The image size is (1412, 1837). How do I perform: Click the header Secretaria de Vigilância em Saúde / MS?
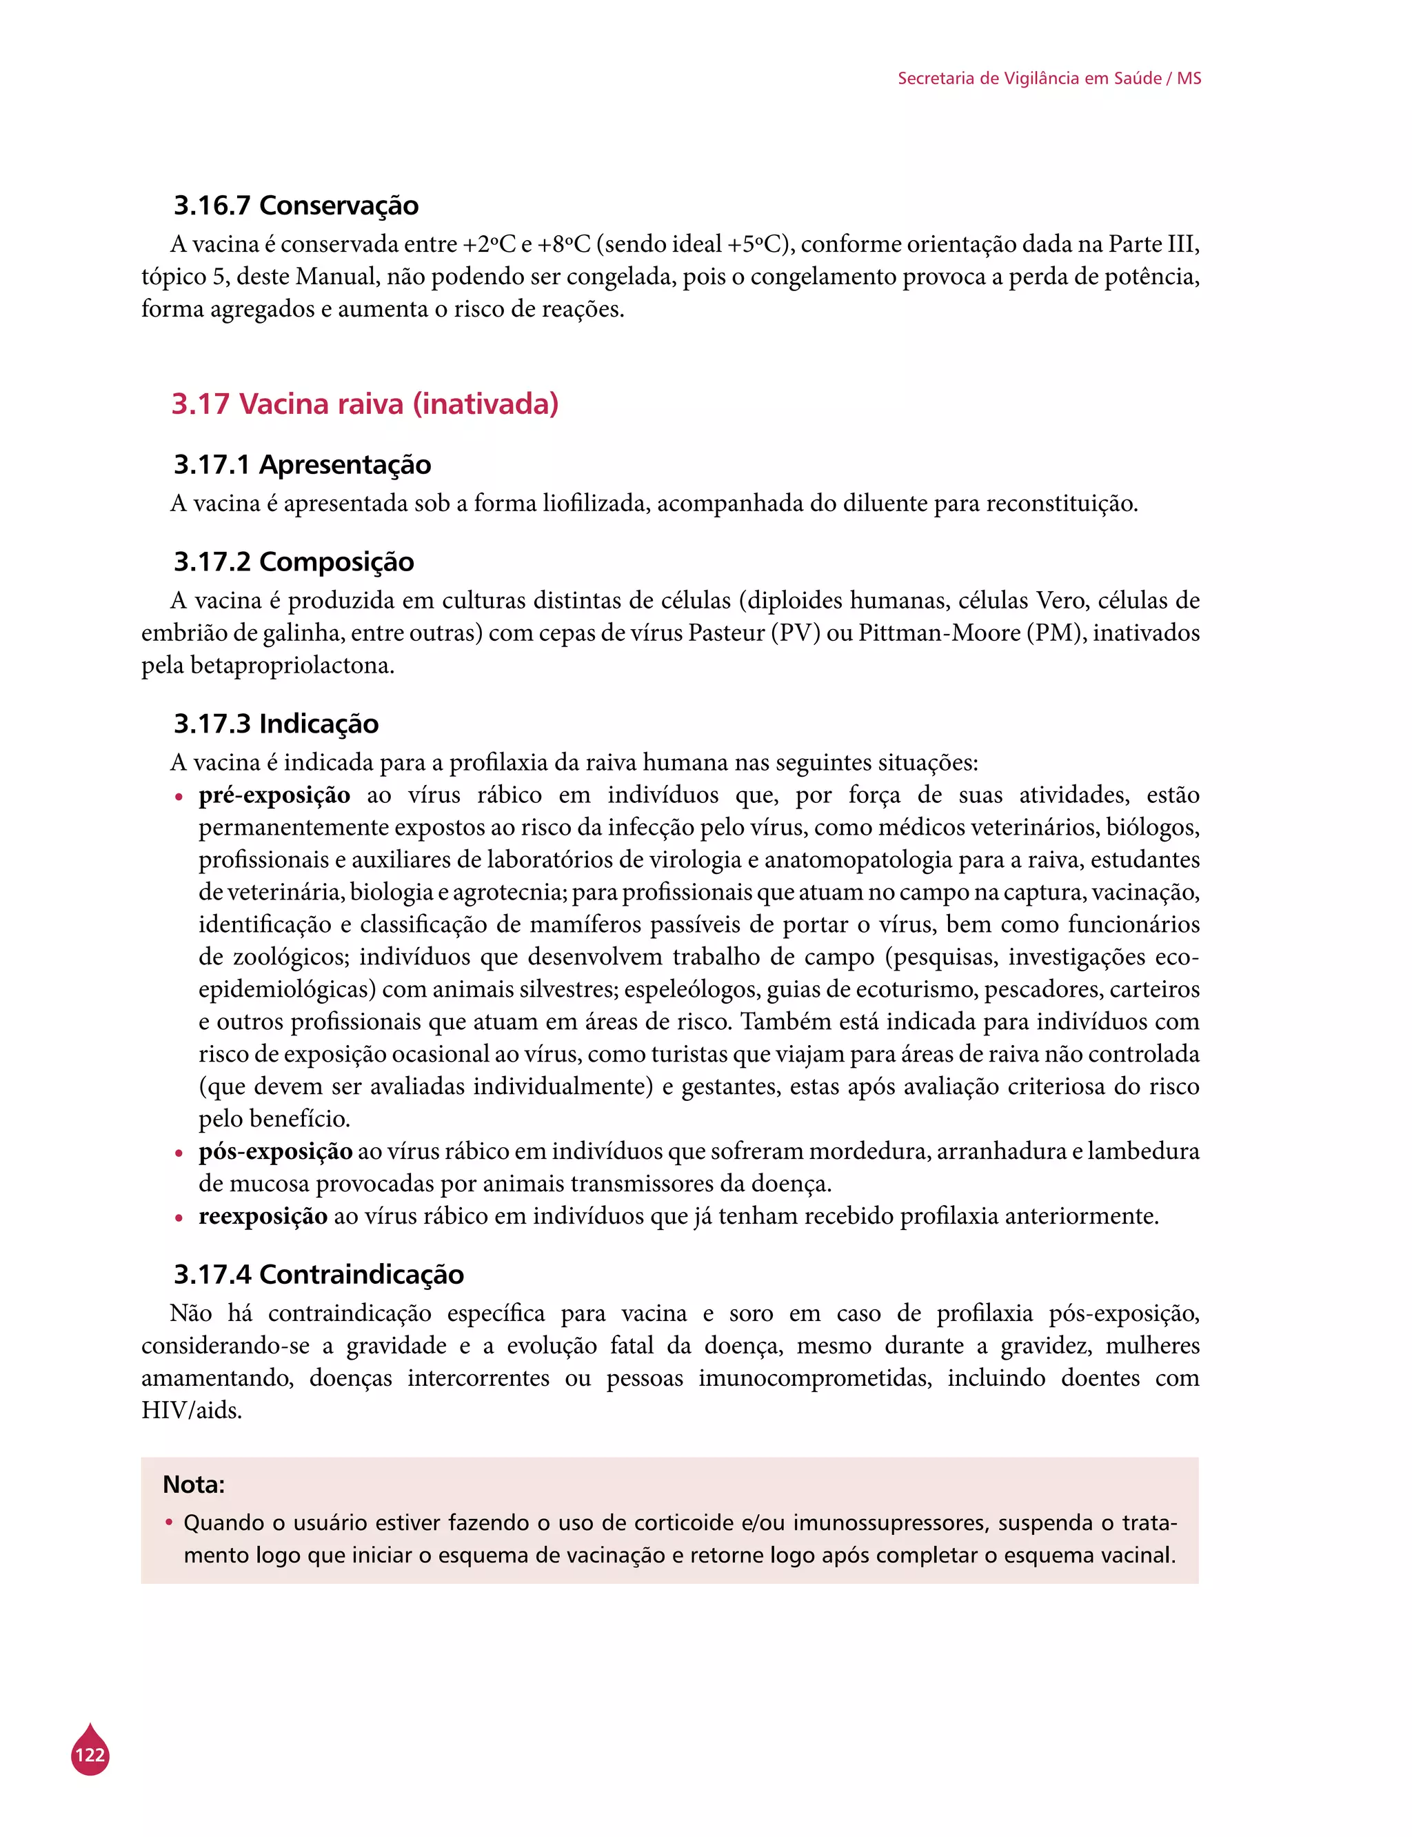point(1049,78)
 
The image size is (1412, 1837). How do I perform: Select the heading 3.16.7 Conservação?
point(296,205)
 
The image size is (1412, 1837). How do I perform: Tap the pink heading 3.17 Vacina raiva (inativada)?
point(365,404)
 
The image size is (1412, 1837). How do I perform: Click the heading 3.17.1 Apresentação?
point(302,464)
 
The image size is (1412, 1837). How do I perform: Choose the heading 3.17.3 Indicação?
point(276,723)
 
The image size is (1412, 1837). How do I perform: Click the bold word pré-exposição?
point(274,795)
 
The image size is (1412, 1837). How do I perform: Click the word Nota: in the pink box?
point(193,1484)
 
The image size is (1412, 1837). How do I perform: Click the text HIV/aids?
point(192,1410)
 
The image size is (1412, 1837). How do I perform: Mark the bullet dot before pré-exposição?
point(178,797)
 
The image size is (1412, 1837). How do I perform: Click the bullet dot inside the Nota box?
point(169,1522)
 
